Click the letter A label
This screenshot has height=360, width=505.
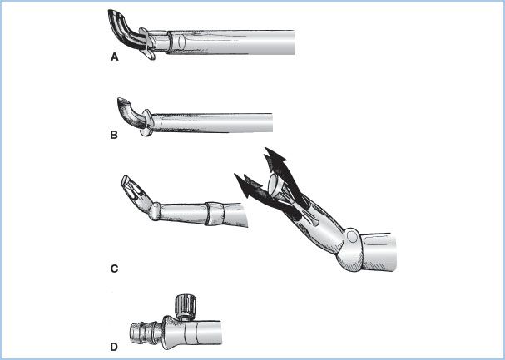click(114, 57)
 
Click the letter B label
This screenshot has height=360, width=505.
click(114, 136)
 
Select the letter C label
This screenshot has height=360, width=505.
click(114, 269)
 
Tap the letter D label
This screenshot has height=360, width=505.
click(114, 348)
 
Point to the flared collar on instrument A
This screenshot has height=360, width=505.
click(146, 43)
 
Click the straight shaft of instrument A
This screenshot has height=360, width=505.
click(230, 42)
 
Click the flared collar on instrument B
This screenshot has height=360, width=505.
click(146, 123)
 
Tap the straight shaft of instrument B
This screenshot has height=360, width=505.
click(212, 122)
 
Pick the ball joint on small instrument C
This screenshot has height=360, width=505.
click(155, 211)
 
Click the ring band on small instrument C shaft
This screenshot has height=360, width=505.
click(215, 213)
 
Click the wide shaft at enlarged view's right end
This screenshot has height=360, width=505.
click(379, 252)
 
